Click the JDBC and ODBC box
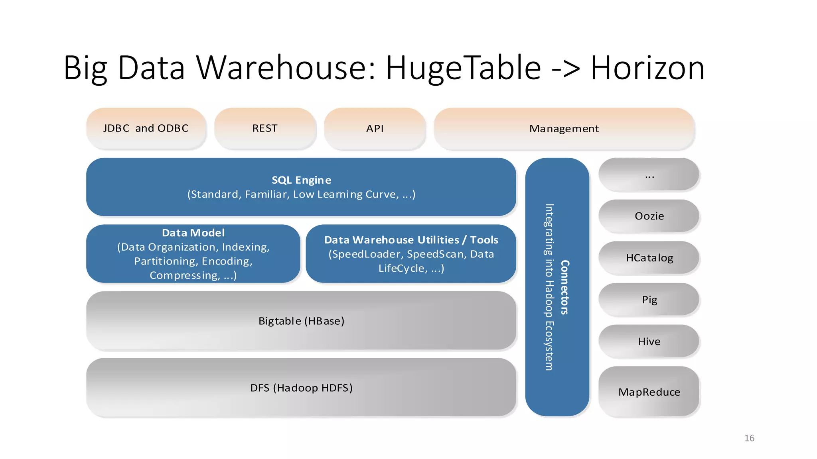pyautogui.click(x=146, y=128)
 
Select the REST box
pyautogui.click(x=265, y=128)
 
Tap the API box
pyautogui.click(x=375, y=128)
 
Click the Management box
pyautogui.click(x=564, y=128)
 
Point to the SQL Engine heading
pyautogui.click(x=301, y=180)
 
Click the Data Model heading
pyautogui.click(x=193, y=233)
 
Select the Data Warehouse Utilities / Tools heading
pyautogui.click(x=411, y=240)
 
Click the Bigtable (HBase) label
pyautogui.click(x=301, y=321)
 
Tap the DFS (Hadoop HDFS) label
pyautogui.click(x=301, y=388)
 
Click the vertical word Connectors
pyautogui.click(x=565, y=287)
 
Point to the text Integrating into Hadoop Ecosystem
pyautogui.click(x=549, y=287)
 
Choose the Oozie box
pyautogui.click(x=649, y=216)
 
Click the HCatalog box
pyautogui.click(x=649, y=258)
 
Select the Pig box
pyautogui.click(x=649, y=300)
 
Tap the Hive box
pyautogui.click(x=649, y=341)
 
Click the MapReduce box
pyautogui.click(x=649, y=392)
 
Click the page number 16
pyautogui.click(x=749, y=438)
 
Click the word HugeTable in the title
pyautogui.click(x=463, y=68)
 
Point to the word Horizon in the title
pyautogui.click(x=647, y=68)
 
